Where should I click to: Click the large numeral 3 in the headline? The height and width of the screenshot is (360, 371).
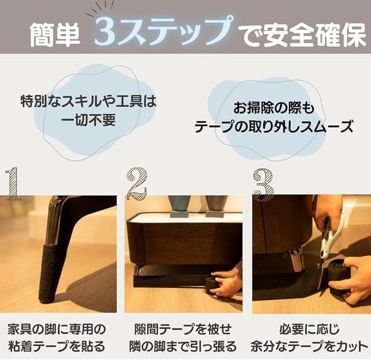[106, 32]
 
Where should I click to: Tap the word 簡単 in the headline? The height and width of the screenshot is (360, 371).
[55, 35]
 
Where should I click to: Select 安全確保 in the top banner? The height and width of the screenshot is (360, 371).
[315, 35]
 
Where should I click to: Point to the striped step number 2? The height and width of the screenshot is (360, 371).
[137, 184]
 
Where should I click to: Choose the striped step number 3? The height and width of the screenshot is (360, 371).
[263, 185]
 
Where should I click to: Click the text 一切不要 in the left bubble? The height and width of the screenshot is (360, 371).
[88, 120]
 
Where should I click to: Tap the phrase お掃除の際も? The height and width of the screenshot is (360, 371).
[274, 108]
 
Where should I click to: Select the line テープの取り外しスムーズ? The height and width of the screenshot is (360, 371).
[274, 127]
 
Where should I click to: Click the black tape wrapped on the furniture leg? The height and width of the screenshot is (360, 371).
[47, 273]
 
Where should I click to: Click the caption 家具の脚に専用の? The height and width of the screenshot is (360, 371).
[57, 329]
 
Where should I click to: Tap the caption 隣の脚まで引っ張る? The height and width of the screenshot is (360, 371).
[183, 346]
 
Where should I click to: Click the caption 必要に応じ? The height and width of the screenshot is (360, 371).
[310, 329]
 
